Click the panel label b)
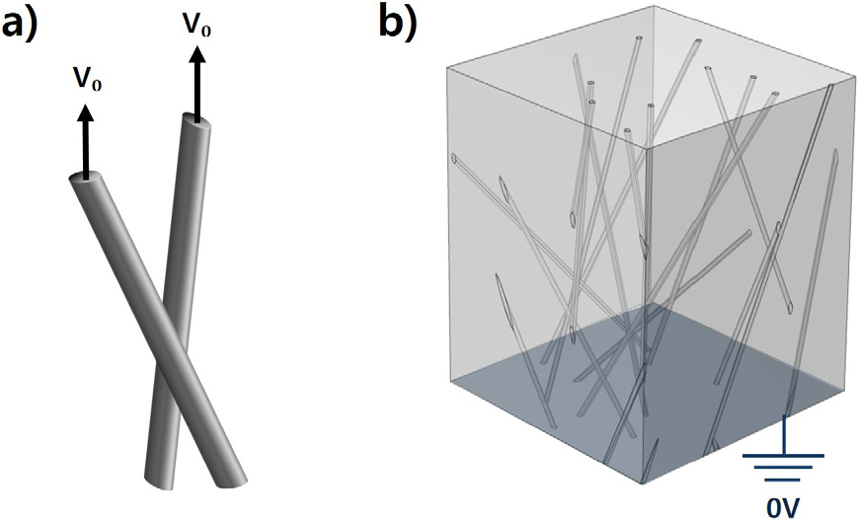coord(397,22)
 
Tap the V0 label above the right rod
coord(195,25)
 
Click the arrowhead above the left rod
coord(85,113)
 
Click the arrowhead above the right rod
coord(196,53)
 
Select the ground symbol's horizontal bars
coord(784,468)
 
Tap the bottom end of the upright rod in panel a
coord(159,483)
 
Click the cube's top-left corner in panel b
coord(448,68)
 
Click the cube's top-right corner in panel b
coord(855,78)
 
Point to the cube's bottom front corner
coord(643,483)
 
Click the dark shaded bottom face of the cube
coord(645,394)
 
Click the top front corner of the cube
coord(648,148)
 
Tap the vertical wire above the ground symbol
coord(784,434)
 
